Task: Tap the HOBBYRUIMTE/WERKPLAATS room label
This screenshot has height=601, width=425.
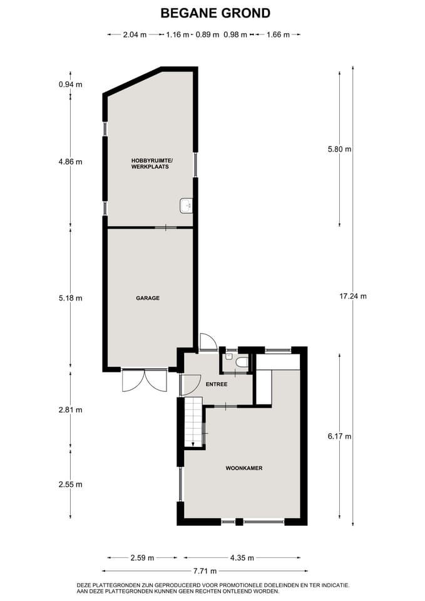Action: (x=151, y=164)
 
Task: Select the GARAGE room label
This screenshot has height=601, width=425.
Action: (x=148, y=298)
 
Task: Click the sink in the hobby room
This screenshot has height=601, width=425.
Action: (x=186, y=205)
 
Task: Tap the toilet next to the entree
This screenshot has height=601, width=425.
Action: (x=241, y=361)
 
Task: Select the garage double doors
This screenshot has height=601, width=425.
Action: (x=145, y=380)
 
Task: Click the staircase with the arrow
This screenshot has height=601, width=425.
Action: (x=194, y=422)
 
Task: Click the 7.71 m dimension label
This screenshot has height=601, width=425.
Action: (x=205, y=571)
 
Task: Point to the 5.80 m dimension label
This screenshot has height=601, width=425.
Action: (x=340, y=149)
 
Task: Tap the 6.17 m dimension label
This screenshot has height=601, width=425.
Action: (x=340, y=436)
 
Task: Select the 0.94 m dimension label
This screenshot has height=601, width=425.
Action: (x=70, y=85)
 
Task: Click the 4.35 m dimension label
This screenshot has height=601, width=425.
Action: (x=242, y=557)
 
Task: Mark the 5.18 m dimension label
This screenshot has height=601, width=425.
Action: (x=70, y=298)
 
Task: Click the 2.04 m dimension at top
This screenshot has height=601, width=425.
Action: (x=135, y=35)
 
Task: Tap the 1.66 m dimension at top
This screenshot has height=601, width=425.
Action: (x=278, y=35)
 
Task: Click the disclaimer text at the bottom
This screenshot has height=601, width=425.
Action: (x=213, y=588)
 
